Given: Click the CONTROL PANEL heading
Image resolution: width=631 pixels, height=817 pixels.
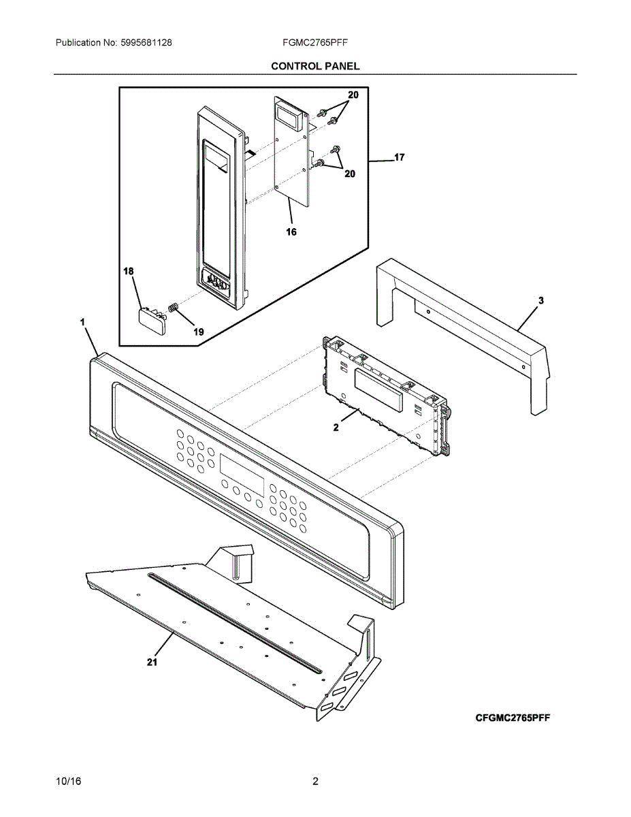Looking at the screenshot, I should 315,66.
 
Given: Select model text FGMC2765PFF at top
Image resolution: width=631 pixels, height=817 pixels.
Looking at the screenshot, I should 315,42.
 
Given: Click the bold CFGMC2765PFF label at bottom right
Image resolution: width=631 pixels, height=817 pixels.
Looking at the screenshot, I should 513,718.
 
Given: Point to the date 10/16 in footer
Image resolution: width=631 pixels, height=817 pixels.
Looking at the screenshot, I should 68,782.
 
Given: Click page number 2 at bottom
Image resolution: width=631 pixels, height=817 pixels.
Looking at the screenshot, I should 315,782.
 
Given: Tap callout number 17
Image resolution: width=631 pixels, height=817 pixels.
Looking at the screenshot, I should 400,158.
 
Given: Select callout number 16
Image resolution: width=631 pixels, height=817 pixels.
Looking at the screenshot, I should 291,231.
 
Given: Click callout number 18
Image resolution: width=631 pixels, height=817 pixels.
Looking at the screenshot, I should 128,272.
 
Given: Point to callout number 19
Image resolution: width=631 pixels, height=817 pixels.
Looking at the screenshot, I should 198,332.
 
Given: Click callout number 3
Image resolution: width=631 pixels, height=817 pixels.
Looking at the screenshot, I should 540,300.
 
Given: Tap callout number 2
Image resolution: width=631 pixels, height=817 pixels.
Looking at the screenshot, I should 336,428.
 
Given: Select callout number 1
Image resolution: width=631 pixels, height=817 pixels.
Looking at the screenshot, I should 82,321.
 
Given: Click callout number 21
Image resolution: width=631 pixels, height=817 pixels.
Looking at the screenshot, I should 152,661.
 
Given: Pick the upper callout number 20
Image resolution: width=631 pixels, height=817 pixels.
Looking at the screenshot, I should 353,96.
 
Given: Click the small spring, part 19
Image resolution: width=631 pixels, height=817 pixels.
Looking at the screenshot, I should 173,308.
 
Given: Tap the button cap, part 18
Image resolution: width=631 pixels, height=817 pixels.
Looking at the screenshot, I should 150,319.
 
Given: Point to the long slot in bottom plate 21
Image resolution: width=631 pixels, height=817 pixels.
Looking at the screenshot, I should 231,621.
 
